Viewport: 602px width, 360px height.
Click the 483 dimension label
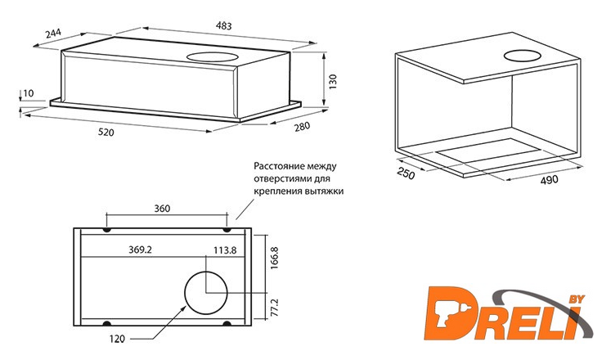pyautogui.click(x=223, y=25)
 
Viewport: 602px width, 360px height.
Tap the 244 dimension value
pyautogui.click(x=53, y=33)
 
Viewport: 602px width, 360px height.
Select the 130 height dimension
pyautogui.click(x=332, y=82)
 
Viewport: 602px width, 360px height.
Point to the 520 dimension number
pyautogui.click(x=106, y=133)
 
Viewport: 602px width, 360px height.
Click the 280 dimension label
pyautogui.click(x=302, y=126)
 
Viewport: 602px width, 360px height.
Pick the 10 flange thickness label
pyautogui.click(x=29, y=93)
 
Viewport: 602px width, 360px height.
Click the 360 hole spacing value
pyautogui.click(x=162, y=209)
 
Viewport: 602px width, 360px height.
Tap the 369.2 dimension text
pyautogui.click(x=140, y=250)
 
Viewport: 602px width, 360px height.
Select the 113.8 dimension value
pyautogui.click(x=225, y=250)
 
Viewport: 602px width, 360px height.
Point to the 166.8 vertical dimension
pyautogui.click(x=274, y=258)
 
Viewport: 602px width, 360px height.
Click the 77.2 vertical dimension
pyautogui.click(x=274, y=308)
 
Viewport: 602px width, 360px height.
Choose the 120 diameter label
pyautogui.click(x=117, y=339)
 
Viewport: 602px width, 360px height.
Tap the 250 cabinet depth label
pyautogui.click(x=406, y=173)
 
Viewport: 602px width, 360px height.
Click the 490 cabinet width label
pyautogui.click(x=550, y=179)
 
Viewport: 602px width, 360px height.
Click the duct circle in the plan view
pyautogui.click(x=206, y=293)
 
